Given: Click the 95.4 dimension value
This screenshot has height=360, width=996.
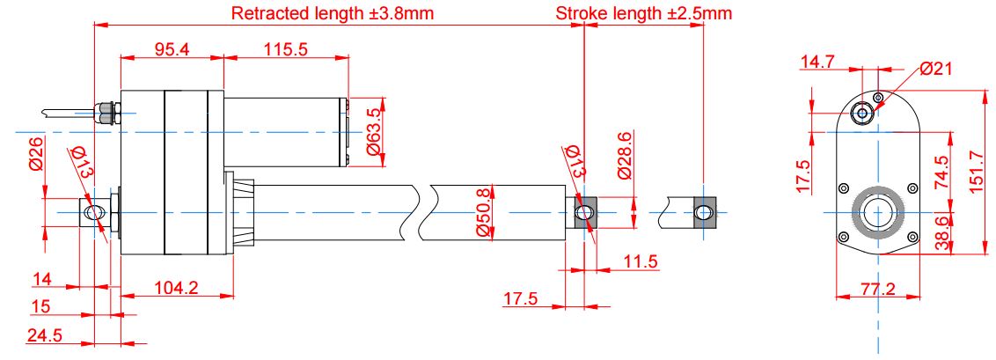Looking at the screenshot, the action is point(172,49).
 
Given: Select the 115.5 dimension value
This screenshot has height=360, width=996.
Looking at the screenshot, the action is point(287,49).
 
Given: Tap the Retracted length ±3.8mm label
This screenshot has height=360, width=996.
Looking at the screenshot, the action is point(333,13).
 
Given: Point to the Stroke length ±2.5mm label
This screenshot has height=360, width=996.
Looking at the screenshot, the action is point(643,13).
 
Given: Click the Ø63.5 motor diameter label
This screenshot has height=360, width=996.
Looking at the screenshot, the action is point(373,133).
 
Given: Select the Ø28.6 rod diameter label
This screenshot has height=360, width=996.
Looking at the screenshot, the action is point(625,156).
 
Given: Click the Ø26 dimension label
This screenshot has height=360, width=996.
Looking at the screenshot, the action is point(36,154).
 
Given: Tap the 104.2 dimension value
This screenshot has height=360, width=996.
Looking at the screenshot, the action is point(177,288).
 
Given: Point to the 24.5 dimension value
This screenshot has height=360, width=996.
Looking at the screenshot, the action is point(44,335).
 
